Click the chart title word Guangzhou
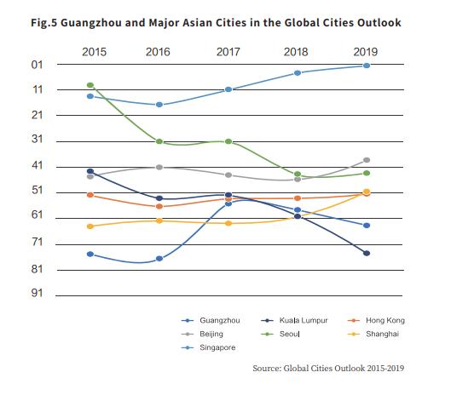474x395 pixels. tap(90, 23)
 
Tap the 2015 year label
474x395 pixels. tap(94, 52)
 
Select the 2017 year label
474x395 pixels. tap(228, 52)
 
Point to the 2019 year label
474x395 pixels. tap(366, 52)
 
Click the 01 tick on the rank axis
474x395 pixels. tap(38, 65)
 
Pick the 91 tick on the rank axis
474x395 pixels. tap(38, 293)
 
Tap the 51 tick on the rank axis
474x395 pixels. tap(38, 191)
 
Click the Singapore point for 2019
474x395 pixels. tap(367, 66)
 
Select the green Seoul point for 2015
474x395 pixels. tap(90, 85)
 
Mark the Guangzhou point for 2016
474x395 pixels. tap(159, 259)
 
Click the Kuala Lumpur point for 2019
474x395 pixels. tap(367, 253)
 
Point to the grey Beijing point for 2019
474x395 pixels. tap(367, 160)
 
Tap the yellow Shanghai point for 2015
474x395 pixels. tap(90, 226)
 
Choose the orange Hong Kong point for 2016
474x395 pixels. tap(159, 206)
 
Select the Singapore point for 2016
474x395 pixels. tap(159, 105)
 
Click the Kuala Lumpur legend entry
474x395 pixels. tap(294, 320)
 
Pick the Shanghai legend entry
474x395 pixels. tap(373, 334)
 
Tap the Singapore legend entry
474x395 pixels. tap(208, 347)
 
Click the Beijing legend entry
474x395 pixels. tap(202, 334)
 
